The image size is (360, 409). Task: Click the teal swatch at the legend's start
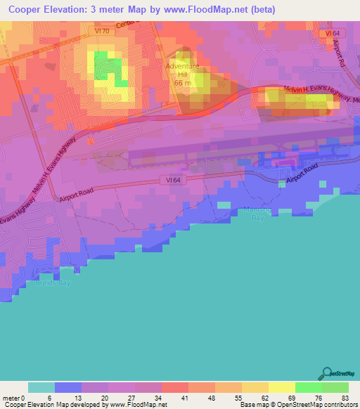[x=41, y=387]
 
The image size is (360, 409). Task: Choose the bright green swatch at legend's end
[x=335, y=387]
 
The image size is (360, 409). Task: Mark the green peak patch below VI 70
[x=104, y=64]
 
